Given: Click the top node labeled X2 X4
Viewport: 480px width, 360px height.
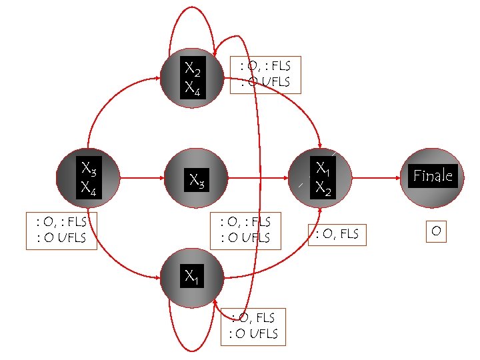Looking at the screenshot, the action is pos(193,77).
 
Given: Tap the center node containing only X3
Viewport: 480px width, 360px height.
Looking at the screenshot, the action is pos(195,179).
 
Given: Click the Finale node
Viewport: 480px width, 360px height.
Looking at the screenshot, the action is pos(433,177).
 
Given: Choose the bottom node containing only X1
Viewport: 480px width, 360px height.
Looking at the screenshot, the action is pos(191,276).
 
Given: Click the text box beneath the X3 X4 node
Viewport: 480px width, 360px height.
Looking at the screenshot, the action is pos(61,231).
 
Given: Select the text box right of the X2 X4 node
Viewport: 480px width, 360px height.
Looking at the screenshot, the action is pos(265,74).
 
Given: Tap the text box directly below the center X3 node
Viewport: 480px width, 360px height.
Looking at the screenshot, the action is pos(245,231).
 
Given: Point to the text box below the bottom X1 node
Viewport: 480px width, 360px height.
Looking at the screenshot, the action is pos(253,327).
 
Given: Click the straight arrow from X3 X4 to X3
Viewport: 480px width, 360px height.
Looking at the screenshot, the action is pos(141,178).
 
